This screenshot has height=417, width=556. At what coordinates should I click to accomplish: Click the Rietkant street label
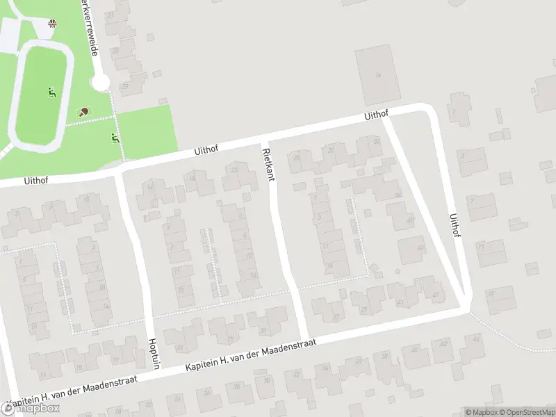pyautogui.click(x=268, y=164)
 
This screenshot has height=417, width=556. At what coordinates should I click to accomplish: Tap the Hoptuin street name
pyautogui.click(x=154, y=352)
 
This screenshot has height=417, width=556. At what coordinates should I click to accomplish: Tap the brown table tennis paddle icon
pyautogui.click(x=83, y=111)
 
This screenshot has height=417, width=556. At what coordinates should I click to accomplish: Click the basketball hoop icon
pyautogui.click(x=53, y=24)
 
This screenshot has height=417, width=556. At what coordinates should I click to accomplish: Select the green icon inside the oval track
pyautogui.click(x=51, y=92)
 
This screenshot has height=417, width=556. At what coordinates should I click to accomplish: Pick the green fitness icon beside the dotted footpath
pyautogui.click(x=115, y=138)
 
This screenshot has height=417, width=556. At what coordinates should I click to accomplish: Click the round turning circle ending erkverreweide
pyautogui.click(x=101, y=83)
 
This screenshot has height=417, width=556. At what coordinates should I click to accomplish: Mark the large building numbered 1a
pyautogui.click(x=376, y=75)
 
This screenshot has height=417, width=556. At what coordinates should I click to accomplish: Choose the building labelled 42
pyautogui.click(x=412, y=249)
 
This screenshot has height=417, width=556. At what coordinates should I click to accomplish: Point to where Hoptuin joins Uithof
pyautogui.click(x=120, y=170)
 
